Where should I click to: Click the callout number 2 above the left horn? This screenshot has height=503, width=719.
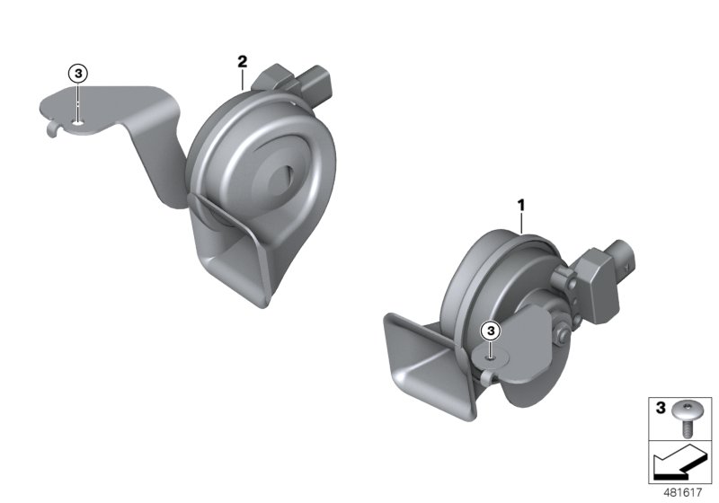click(242, 60)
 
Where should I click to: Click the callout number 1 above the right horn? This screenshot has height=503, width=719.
click(519, 206)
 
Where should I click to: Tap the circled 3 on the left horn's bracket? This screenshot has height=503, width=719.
click(78, 73)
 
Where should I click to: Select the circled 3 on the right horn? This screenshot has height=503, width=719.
click(491, 331)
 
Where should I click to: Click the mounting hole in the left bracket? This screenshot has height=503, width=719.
click(79, 122)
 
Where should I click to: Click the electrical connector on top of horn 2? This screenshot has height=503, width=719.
click(301, 83)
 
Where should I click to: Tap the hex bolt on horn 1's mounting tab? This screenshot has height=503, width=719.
click(562, 337)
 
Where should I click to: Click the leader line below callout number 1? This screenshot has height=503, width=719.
click(519, 225)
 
